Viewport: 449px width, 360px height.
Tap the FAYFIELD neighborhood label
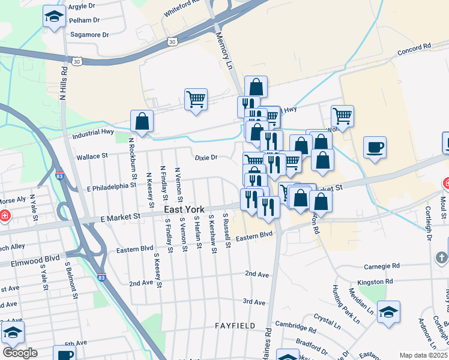pyautogui.click(x=235, y=326)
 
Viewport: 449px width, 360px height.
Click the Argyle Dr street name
pyautogui.click(x=82, y=7)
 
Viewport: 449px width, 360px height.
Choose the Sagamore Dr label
pyautogui.click(x=89, y=35)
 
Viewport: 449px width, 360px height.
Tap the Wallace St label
pyautogui.click(x=92, y=156)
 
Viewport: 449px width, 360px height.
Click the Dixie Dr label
pyautogui.click(x=205, y=157)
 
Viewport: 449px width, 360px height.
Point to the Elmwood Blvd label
pyautogui.click(x=30, y=260)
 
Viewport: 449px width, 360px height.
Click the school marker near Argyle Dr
pyautogui.click(x=54, y=18)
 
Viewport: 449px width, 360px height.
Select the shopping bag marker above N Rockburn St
pyautogui.click(x=142, y=121)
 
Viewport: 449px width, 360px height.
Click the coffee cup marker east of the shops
pyautogui.click(x=375, y=148)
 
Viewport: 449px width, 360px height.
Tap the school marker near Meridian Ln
pyautogui.click(x=389, y=312)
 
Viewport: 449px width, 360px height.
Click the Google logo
pyautogui.click(x=20, y=353)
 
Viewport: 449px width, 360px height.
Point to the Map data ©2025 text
pyautogui.click(x=423, y=355)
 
